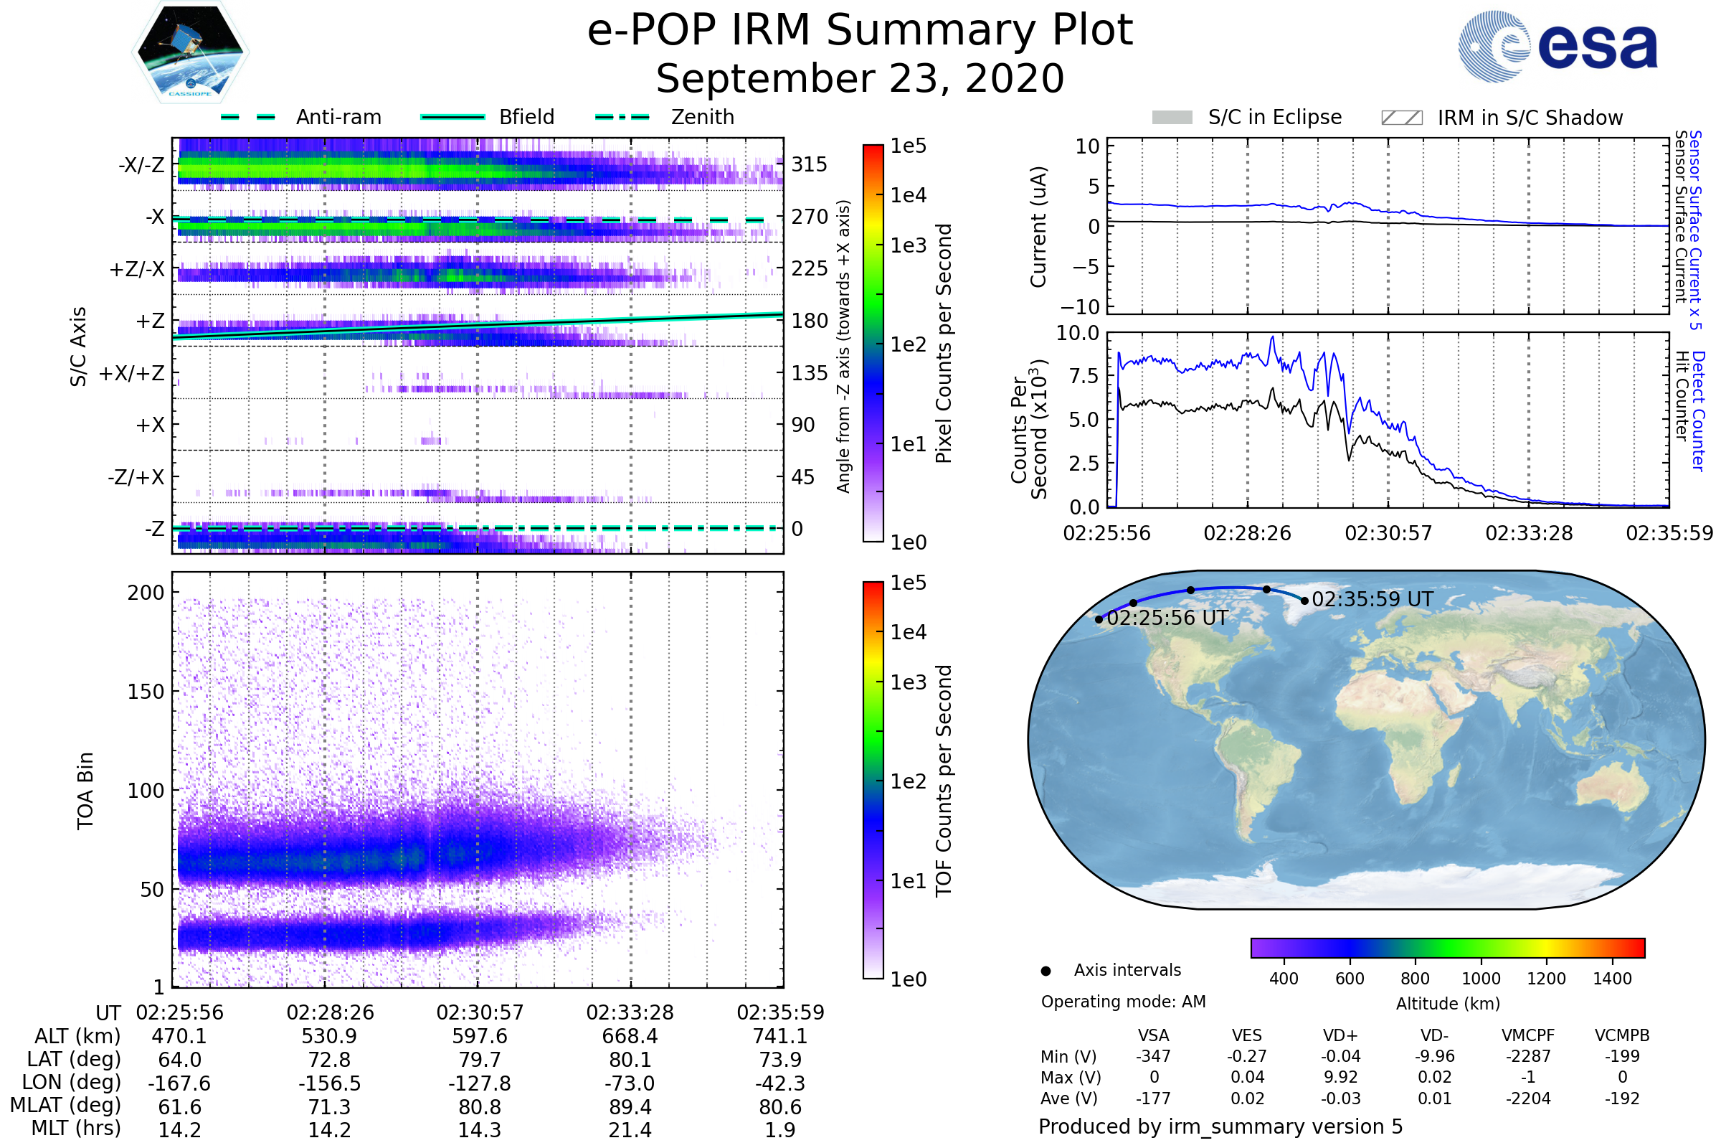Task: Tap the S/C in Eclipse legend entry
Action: [1247, 117]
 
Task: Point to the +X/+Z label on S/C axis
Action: [132, 373]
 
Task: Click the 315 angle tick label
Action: [810, 164]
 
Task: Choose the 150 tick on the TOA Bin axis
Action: [146, 692]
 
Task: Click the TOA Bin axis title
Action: [85, 791]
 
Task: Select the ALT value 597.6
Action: [479, 1036]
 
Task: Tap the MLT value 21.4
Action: [630, 1129]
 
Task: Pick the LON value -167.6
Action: [179, 1083]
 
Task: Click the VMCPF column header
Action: [1528, 1035]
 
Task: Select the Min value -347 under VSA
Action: [1153, 1056]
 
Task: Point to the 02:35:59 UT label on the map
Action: [1372, 599]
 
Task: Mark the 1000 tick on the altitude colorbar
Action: [1481, 979]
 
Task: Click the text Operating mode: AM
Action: [1123, 1002]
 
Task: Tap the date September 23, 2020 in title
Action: [860, 79]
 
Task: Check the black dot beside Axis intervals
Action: [1046, 971]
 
